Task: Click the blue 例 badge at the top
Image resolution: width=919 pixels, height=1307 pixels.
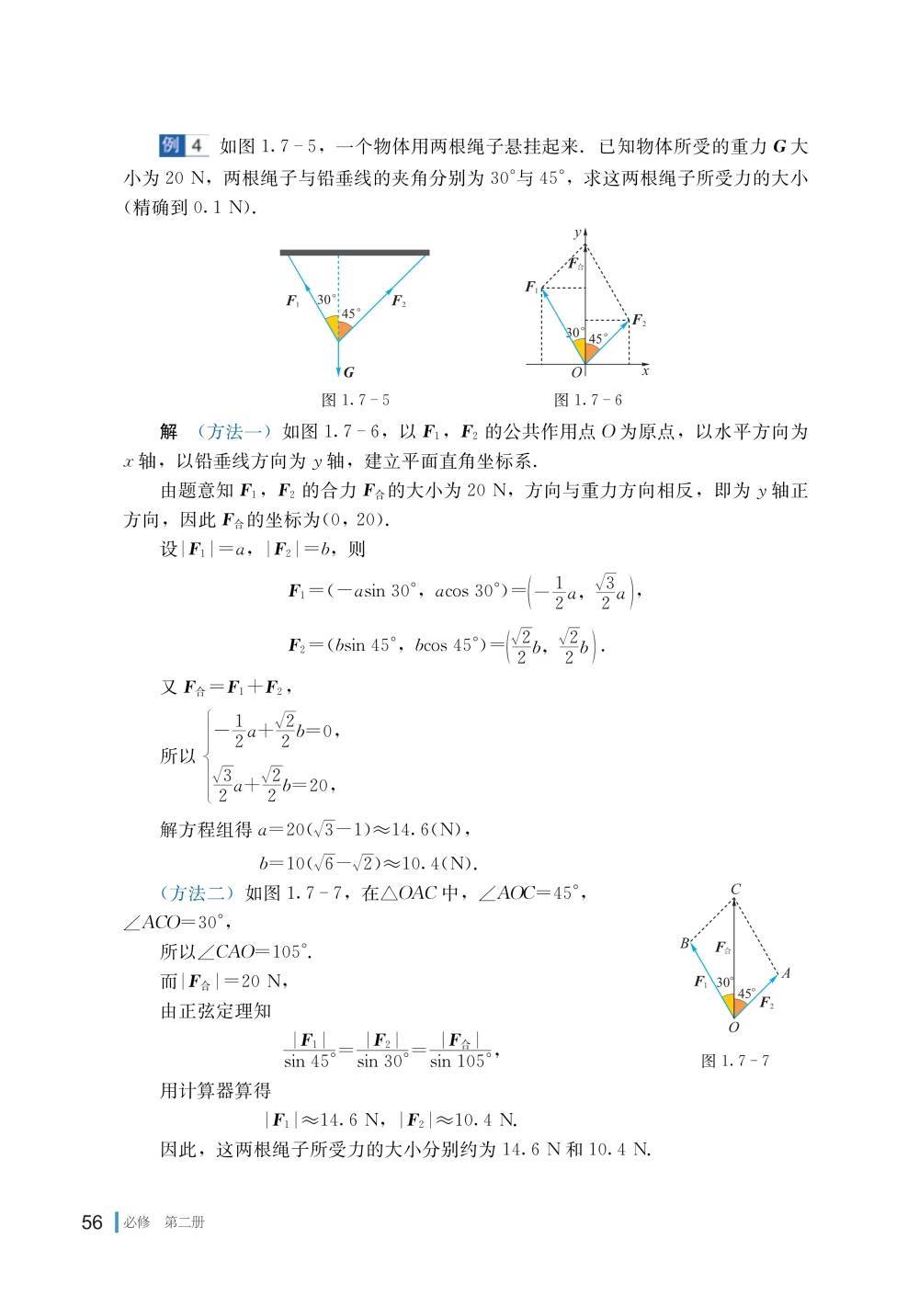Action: coord(172,145)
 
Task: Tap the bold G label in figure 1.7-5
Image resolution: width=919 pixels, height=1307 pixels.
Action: coord(348,373)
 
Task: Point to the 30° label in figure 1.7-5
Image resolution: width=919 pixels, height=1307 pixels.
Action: coord(326,300)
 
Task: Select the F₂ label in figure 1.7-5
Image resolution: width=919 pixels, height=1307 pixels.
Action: coord(398,301)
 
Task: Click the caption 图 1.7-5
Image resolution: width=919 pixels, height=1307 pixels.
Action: coord(355,400)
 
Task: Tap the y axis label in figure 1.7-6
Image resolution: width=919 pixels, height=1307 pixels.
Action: coord(577,233)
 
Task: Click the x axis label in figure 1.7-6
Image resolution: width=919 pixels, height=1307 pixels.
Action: coord(645,371)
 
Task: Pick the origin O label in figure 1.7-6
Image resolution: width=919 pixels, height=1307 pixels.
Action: coord(577,373)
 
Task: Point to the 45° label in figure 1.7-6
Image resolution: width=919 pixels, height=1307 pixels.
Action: coord(597,338)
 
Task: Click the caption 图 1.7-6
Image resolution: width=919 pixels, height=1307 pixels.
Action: coord(588,400)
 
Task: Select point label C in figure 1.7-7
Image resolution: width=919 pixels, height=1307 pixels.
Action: coord(735,889)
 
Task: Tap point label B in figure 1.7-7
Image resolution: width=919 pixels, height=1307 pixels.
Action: coord(685,943)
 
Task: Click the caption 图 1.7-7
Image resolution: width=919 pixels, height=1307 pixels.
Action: coord(735,1061)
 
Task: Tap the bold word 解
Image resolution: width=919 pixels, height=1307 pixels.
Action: coord(168,432)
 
